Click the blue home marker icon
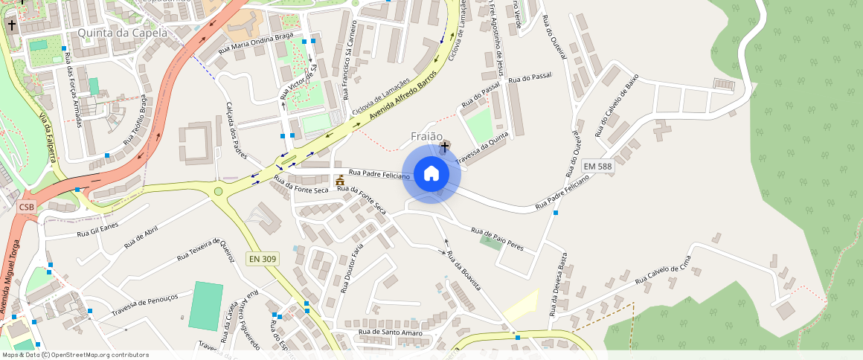431,174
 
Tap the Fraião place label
426,137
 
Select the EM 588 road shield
597,167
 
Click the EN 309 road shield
262,259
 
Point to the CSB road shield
27,207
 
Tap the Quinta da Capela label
122,33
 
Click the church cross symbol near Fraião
445,146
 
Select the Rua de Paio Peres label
497,239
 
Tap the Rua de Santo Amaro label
391,332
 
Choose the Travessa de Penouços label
145,303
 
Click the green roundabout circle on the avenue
218,192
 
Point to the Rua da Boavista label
463,271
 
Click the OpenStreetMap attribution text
74,355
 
